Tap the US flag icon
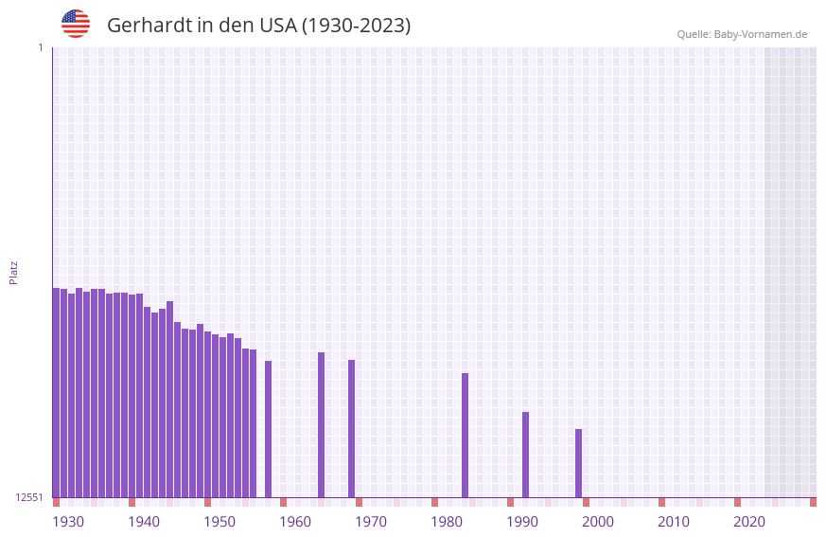[76, 24]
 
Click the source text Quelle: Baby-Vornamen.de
[742, 34]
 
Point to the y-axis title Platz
[13, 272]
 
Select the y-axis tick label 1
[40, 47]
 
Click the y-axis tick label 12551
[28, 497]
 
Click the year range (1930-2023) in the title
[356, 26]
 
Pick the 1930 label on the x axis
[68, 522]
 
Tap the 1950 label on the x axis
[220, 522]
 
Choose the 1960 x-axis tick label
[295, 522]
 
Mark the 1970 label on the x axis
[371, 522]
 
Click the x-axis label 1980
[447, 522]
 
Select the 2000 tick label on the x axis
[598, 522]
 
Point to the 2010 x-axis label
[674, 522]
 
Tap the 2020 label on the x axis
[749, 522]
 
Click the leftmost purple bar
[56, 392]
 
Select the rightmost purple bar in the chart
[578, 463]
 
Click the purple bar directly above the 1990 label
[525, 455]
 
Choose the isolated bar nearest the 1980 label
[465, 435]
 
